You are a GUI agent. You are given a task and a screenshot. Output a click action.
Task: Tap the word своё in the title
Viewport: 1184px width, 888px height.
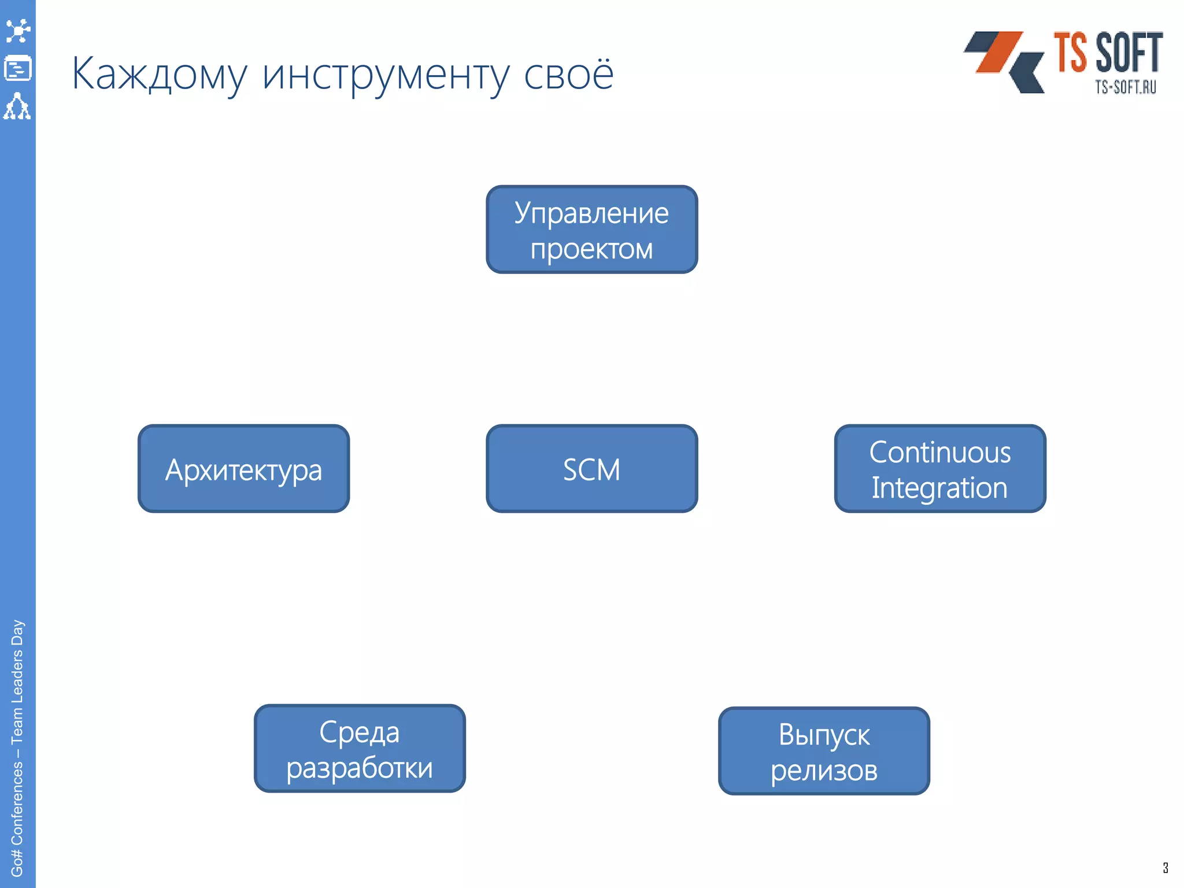pyautogui.click(x=568, y=74)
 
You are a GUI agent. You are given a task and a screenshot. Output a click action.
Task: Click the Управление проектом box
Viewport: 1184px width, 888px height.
pyautogui.click(x=591, y=230)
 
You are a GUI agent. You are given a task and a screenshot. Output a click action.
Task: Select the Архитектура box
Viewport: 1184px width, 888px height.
pyautogui.click(x=243, y=469)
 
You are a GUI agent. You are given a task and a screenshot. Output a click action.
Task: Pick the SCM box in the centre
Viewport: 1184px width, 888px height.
pyautogui.click(x=591, y=469)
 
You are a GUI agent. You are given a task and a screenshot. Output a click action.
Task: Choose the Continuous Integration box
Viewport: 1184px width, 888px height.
pyautogui.click(x=940, y=469)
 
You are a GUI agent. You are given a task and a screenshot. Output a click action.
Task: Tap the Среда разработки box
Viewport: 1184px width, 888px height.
pyautogui.click(x=360, y=749)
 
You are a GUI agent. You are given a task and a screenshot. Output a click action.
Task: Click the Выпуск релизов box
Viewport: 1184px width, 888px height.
pyautogui.click(x=824, y=751)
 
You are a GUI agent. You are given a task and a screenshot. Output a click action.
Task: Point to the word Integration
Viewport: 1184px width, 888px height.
pyautogui.click(x=939, y=488)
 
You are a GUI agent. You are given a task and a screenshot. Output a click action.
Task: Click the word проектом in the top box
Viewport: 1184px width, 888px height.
pyautogui.click(x=591, y=249)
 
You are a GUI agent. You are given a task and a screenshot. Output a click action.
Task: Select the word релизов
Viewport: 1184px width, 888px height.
pyautogui.click(x=824, y=771)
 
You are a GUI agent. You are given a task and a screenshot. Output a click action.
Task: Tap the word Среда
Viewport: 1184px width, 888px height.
pyautogui.click(x=359, y=732)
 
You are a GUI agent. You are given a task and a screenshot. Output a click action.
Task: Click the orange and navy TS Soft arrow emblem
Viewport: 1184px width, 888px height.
pyautogui.click(x=1005, y=61)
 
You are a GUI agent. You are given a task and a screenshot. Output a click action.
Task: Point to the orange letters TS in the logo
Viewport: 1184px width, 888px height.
pyautogui.click(x=1070, y=53)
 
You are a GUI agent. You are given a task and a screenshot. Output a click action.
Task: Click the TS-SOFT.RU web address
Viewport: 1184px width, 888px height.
pyautogui.click(x=1125, y=87)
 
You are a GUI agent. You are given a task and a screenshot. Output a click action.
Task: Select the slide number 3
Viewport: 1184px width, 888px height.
pyautogui.click(x=1165, y=868)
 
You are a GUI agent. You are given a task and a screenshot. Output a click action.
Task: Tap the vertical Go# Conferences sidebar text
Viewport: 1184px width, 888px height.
pyautogui.click(x=17, y=749)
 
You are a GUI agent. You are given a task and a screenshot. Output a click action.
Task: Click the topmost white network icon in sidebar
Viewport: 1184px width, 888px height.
pyautogui.click(x=18, y=31)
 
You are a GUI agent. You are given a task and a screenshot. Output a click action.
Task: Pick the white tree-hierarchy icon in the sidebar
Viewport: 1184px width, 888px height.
pyautogui.click(x=17, y=106)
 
